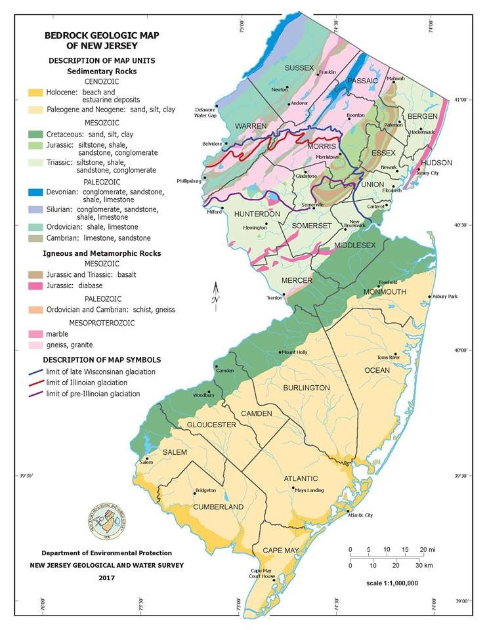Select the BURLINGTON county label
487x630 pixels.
click(x=306, y=388)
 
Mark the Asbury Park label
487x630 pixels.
click(x=444, y=297)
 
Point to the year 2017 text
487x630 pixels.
click(x=106, y=577)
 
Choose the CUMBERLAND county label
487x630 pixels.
click(x=217, y=507)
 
